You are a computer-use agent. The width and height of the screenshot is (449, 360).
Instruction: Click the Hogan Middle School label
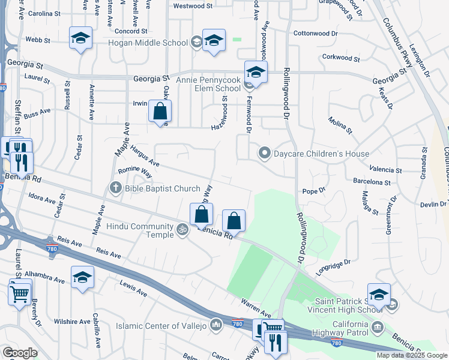(x=148, y=43)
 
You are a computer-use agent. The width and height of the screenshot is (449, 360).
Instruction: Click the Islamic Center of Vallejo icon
(x=216, y=326)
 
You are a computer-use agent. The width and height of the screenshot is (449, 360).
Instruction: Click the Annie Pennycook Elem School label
(x=208, y=83)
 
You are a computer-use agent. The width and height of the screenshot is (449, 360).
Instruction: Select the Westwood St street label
(x=193, y=6)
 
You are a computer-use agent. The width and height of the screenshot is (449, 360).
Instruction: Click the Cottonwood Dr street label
(x=315, y=34)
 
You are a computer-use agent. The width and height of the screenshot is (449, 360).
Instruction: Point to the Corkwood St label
(x=340, y=58)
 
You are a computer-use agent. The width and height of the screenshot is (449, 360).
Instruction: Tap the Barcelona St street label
(x=372, y=182)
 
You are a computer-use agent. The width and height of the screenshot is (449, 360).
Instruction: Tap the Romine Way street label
(x=135, y=172)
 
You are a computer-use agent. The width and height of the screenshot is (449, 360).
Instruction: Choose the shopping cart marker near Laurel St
(x=20, y=294)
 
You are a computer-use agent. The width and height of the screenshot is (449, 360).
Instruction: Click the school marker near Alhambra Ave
(x=82, y=277)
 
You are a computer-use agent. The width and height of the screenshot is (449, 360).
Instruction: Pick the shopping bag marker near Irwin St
(x=160, y=111)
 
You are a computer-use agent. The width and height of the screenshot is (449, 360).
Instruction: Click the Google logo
(x=20, y=353)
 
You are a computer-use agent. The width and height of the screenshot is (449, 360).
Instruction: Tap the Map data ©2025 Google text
(x=412, y=355)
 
